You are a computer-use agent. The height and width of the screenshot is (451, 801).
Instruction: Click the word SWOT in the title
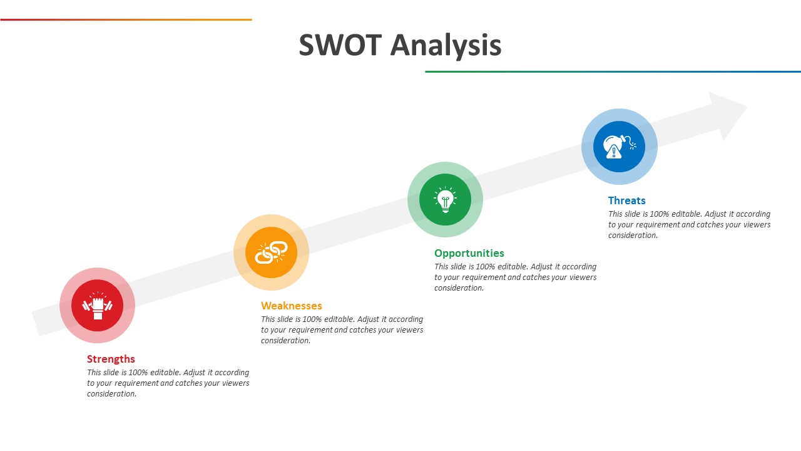(x=340, y=45)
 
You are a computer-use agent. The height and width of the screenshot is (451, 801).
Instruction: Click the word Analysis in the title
(x=446, y=46)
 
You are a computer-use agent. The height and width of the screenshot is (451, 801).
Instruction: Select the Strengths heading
(x=111, y=359)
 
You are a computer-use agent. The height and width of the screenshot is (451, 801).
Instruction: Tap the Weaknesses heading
(x=292, y=306)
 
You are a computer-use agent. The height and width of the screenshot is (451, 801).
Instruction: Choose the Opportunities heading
(x=469, y=254)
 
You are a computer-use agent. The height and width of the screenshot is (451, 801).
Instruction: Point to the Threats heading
(x=626, y=200)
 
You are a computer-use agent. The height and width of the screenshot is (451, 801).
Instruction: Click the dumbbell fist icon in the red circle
(x=97, y=305)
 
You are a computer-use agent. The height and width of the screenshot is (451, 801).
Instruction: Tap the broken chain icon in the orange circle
(x=271, y=252)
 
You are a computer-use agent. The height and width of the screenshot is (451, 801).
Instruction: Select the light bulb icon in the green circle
(x=445, y=199)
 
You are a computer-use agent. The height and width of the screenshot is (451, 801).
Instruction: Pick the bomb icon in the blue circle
(x=620, y=147)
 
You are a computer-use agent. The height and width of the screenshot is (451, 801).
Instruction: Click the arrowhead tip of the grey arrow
(x=747, y=106)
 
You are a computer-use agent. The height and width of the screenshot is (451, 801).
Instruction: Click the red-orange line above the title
(x=126, y=19)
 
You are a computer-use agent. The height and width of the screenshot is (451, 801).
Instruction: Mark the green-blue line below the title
(x=613, y=71)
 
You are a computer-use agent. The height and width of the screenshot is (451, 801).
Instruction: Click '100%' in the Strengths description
(x=138, y=373)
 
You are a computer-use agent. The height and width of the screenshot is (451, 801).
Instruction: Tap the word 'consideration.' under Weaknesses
(x=285, y=341)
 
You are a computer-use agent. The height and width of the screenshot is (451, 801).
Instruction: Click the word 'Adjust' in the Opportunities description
(x=541, y=267)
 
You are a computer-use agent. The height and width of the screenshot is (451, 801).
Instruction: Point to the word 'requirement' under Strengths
(x=136, y=383)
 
